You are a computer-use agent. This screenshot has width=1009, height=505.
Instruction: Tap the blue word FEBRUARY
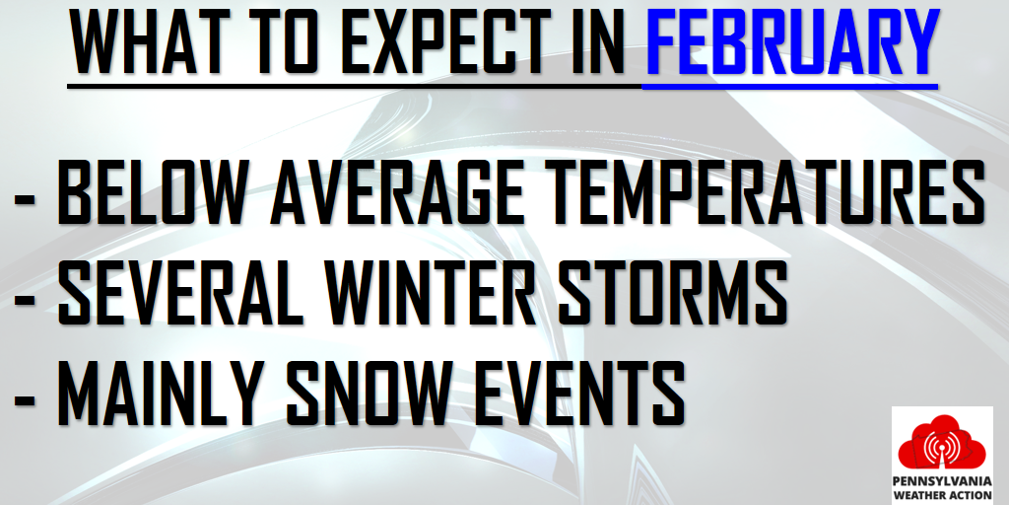[x=792, y=41]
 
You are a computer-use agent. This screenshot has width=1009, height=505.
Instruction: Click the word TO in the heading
[x=283, y=41]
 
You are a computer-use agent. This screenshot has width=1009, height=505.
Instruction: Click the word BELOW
[x=153, y=191]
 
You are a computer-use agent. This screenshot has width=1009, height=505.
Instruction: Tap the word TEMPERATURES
[x=765, y=191]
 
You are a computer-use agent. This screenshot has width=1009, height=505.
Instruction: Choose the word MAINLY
[x=161, y=393]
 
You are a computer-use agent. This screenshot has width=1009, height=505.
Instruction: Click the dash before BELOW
[x=25, y=196]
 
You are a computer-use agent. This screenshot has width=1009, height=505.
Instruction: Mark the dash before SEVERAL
[x=25, y=297]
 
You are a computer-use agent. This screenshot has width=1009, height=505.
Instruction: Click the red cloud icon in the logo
[x=941, y=443]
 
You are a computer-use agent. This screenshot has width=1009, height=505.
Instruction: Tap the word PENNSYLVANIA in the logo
[x=942, y=481]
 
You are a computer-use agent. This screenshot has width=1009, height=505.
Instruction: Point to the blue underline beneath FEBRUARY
[x=790, y=86]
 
